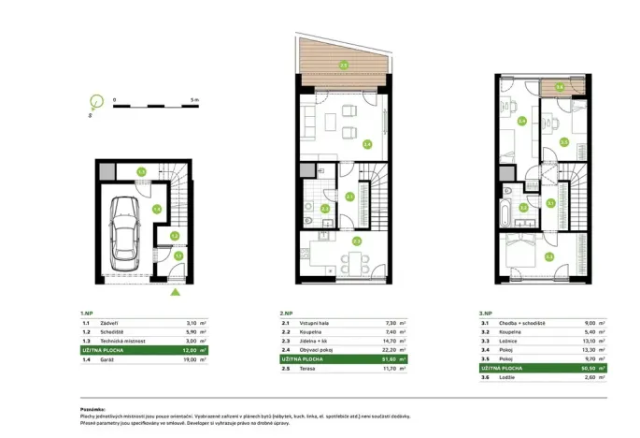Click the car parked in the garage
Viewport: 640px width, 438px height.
125,232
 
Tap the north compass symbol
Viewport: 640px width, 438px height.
93,102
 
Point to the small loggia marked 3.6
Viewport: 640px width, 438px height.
559,87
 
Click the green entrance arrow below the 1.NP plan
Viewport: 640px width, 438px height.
175,293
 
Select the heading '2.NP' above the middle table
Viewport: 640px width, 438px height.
287,313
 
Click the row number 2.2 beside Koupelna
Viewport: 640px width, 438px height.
285,331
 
